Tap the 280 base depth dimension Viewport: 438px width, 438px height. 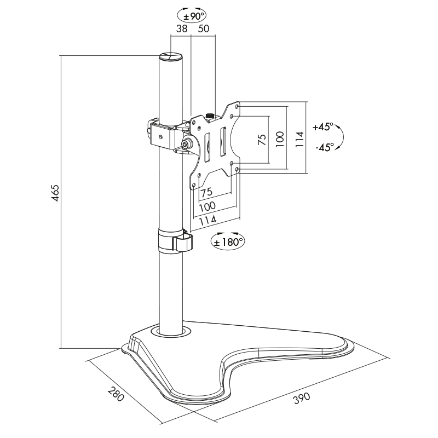pyautogui.click(x=116, y=395)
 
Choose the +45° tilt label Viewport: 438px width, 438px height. pyautogui.click(x=322, y=126)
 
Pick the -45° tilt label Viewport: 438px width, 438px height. pyautogui.click(x=324, y=147)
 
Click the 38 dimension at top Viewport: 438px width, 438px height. pyautogui.click(x=182, y=28)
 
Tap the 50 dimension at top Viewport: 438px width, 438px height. pyautogui.click(x=203, y=28)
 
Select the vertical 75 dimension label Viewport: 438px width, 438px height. pyautogui.click(x=261, y=140)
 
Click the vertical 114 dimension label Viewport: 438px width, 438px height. pyautogui.click(x=298, y=140)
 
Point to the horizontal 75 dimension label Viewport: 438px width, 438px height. pyautogui.click(x=206, y=193)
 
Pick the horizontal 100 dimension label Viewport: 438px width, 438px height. pyautogui.click(x=207, y=206)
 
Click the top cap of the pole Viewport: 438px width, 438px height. pyautogui.click(x=170, y=56)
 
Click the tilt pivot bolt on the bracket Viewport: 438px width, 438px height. pyautogui.click(x=187, y=145)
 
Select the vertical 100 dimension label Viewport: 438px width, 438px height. pyautogui.click(x=279, y=140)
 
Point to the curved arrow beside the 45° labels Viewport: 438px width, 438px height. pyautogui.click(x=339, y=137)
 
